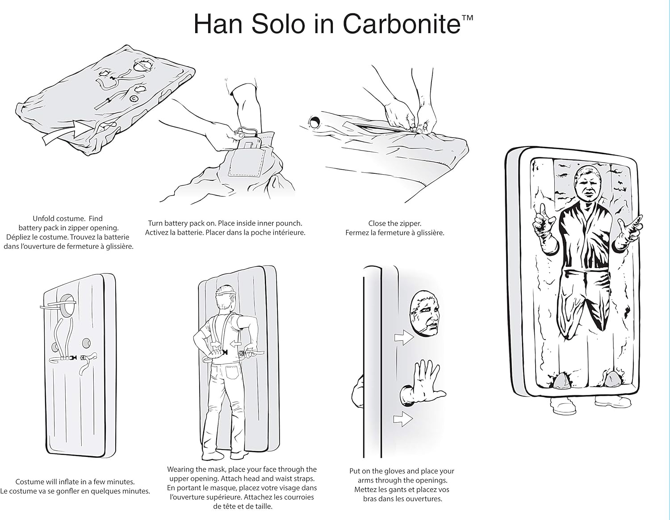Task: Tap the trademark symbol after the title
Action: pyautogui.click(x=467, y=18)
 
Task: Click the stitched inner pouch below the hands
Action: pyautogui.click(x=247, y=165)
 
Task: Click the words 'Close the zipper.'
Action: pyautogui.click(x=395, y=223)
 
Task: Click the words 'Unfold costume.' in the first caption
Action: pyautogui.click(x=59, y=218)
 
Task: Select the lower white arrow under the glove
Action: pyautogui.click(x=402, y=419)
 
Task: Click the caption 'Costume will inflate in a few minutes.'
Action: pyautogui.click(x=75, y=482)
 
